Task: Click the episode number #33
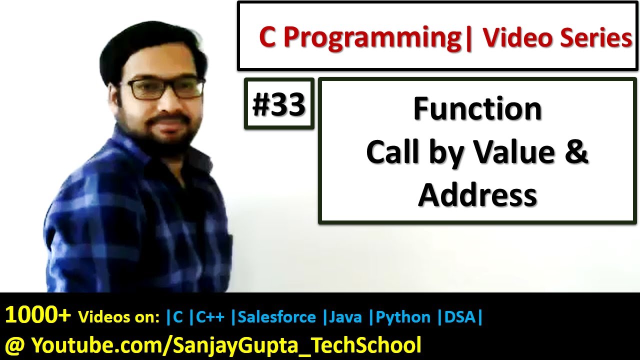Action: [279, 105]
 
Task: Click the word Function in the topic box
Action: [477, 109]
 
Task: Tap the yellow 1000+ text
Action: [38, 314]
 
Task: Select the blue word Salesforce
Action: [276, 317]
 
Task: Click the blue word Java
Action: [345, 317]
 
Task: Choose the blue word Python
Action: [403, 317]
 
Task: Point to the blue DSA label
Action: [459, 317]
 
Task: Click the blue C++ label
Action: [210, 317]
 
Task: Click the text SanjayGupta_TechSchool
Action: [297, 345]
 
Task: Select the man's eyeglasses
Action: [164, 87]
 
